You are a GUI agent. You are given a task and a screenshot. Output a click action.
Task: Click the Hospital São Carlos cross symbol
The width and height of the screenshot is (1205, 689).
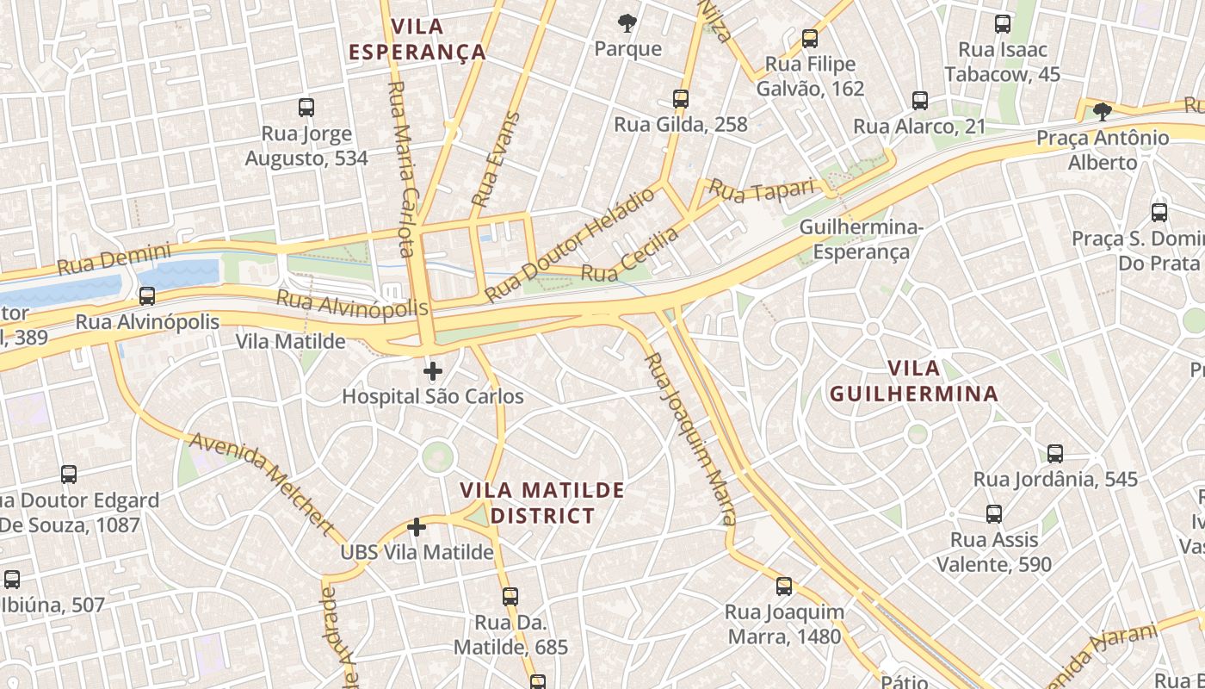pyautogui.click(x=433, y=371)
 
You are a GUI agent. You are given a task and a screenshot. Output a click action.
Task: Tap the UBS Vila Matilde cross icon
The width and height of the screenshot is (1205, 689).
pyautogui.click(x=417, y=526)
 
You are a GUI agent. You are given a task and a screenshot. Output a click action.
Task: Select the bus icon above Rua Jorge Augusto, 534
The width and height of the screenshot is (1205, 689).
pyautogui.click(x=306, y=108)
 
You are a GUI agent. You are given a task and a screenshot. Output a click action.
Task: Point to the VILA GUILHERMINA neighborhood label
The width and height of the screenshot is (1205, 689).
pyautogui.click(x=913, y=382)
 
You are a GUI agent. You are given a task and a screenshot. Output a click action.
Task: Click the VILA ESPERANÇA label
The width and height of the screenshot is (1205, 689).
pyautogui.click(x=417, y=39)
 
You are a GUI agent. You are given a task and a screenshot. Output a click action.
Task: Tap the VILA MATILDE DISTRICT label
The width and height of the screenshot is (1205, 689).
pyautogui.click(x=541, y=503)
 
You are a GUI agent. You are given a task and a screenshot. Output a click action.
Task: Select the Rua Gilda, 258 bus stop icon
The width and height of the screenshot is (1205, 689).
pyautogui.click(x=681, y=98)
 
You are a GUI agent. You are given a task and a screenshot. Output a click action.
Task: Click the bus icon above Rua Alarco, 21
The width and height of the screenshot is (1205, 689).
pyautogui.click(x=920, y=101)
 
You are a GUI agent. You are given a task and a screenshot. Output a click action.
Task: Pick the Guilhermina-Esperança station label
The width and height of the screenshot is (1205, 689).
pyautogui.click(x=861, y=239)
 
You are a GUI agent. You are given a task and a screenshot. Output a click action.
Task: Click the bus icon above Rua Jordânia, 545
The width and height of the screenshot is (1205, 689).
pyautogui.click(x=1055, y=453)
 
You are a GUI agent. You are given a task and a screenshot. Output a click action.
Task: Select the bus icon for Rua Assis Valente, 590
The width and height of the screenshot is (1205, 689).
pyautogui.click(x=994, y=514)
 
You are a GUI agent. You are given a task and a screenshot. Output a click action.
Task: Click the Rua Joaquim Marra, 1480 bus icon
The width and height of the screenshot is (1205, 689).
pyautogui.click(x=783, y=587)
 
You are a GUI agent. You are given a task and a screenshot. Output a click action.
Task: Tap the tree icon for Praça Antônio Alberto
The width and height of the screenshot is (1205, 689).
pyautogui.click(x=1102, y=111)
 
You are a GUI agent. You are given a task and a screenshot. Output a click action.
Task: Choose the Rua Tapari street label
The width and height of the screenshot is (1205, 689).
pyautogui.click(x=762, y=191)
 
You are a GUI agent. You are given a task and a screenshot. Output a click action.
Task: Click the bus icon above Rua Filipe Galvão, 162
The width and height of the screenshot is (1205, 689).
pyautogui.click(x=809, y=39)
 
